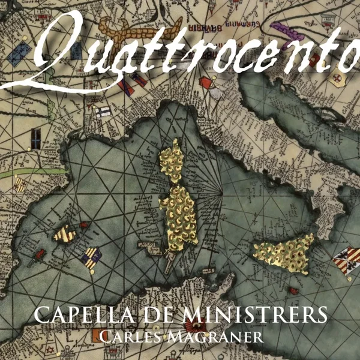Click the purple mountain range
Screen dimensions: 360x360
click(x=284, y=27)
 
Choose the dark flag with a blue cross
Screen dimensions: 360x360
click(x=102, y=110)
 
